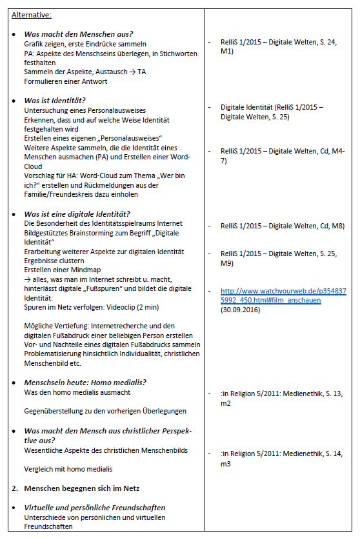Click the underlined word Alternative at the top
[32, 14]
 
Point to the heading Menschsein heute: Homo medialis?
[86, 383]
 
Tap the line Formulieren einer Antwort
[66, 81]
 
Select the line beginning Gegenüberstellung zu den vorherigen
[105, 411]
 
